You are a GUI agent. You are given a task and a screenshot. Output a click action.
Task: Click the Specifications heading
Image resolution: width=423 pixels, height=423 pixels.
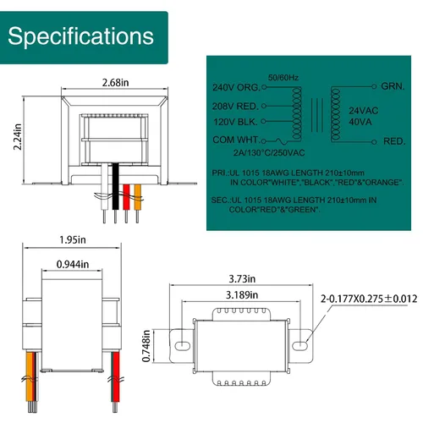point(80,36)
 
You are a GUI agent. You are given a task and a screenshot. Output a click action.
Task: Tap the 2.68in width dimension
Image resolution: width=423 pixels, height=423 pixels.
point(115,83)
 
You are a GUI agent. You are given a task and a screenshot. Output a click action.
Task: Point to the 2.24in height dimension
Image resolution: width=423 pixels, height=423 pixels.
point(18,137)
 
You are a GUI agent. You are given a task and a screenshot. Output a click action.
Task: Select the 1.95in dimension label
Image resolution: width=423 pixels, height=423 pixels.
point(73,239)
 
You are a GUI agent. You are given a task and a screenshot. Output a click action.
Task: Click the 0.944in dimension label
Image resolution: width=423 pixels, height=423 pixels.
point(73,264)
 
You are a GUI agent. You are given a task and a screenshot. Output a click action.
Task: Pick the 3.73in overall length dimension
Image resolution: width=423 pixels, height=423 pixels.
point(242,279)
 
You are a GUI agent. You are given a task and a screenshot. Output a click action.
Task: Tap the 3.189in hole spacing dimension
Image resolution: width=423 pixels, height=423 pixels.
point(242,295)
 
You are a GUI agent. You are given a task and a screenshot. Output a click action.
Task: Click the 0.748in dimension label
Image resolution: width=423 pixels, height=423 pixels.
point(146,346)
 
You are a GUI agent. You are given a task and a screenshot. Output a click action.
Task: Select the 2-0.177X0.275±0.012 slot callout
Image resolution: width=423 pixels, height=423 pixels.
point(369,299)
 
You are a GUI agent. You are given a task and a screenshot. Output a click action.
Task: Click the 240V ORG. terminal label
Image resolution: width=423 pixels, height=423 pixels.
point(236,87)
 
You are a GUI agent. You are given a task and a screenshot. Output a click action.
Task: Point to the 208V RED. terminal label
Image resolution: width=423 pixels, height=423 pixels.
point(235,107)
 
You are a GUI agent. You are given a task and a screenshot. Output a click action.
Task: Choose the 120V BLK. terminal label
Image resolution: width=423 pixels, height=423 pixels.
point(235,122)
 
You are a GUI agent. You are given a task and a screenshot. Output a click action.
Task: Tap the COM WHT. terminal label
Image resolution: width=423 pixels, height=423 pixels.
point(236,140)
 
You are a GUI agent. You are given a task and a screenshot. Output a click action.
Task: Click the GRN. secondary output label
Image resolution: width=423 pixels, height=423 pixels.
point(393,86)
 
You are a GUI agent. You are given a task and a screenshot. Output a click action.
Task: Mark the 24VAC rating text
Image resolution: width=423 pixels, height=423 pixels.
point(364,111)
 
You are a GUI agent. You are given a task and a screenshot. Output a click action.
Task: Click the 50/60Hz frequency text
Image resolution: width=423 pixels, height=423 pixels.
point(283,78)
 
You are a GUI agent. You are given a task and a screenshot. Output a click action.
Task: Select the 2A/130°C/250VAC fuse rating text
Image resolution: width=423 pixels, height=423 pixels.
point(269,153)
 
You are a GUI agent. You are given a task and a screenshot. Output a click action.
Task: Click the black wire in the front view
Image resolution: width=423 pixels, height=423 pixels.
point(115,186)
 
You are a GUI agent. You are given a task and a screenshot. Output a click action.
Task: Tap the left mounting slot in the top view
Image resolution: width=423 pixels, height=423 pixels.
point(183,345)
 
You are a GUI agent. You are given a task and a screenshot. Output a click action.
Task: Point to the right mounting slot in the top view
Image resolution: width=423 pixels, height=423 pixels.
point(299,345)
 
